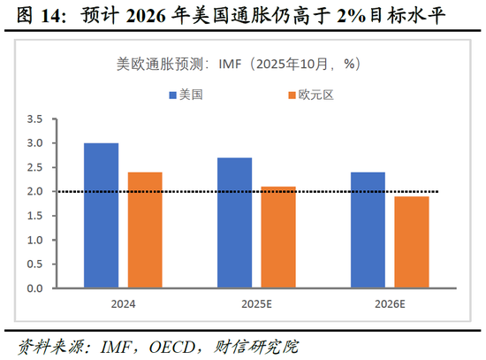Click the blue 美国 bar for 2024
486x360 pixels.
pos(102,216)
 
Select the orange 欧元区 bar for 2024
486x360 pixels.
pos(145,230)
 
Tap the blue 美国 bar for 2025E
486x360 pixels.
pos(234,223)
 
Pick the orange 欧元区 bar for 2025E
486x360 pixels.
pos(278,237)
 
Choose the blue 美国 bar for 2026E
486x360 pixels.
pos(368,230)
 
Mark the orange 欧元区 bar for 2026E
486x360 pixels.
pos(412,242)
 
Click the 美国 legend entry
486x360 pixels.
pos(185,95)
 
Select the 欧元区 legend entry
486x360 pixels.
pos(306,95)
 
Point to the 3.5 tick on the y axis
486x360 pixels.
pos(35,119)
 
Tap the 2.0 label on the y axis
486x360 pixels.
pos(35,192)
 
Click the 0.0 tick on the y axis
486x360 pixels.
pos(35,288)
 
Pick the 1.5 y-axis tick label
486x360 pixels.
pos(35,216)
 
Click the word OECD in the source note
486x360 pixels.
pos(165,344)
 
